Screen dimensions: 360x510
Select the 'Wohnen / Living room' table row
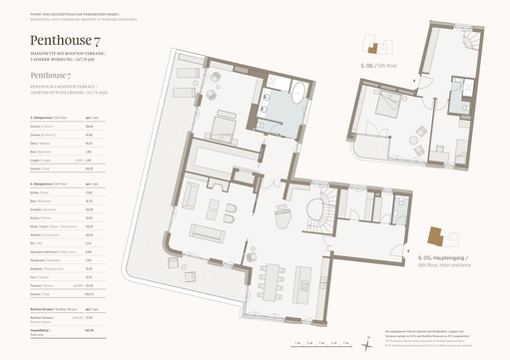pos(45,236)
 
